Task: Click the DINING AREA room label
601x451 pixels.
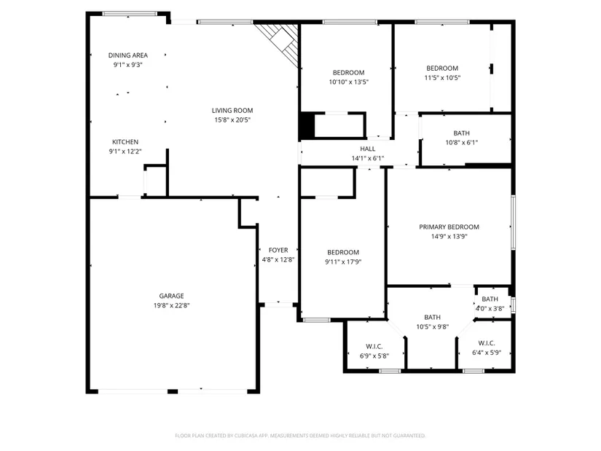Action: pyautogui.click(x=127, y=55)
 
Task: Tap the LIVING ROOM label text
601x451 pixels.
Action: pyautogui.click(x=232, y=111)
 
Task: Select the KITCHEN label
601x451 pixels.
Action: pyautogui.click(x=125, y=142)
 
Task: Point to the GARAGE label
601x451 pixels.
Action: pyautogui.click(x=171, y=296)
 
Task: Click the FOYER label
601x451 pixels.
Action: pyautogui.click(x=278, y=250)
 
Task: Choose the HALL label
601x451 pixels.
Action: pyautogui.click(x=368, y=149)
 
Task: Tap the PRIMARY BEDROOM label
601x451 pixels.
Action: pyautogui.click(x=449, y=227)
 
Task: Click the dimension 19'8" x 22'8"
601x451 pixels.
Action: pyautogui.click(x=171, y=306)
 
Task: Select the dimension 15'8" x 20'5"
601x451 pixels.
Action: pyautogui.click(x=232, y=120)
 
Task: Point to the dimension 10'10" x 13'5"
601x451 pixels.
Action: pyautogui.click(x=348, y=82)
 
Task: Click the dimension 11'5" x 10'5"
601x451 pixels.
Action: pyautogui.click(x=442, y=78)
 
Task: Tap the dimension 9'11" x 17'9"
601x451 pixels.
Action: pyautogui.click(x=343, y=262)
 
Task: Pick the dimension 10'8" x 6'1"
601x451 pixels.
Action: pyautogui.click(x=461, y=143)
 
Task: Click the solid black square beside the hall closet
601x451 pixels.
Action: pyautogui.click(x=307, y=125)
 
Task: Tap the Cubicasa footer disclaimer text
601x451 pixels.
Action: pyautogui.click(x=300, y=436)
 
